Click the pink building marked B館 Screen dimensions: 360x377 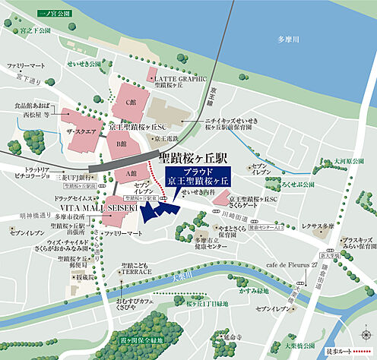point(122,145)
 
